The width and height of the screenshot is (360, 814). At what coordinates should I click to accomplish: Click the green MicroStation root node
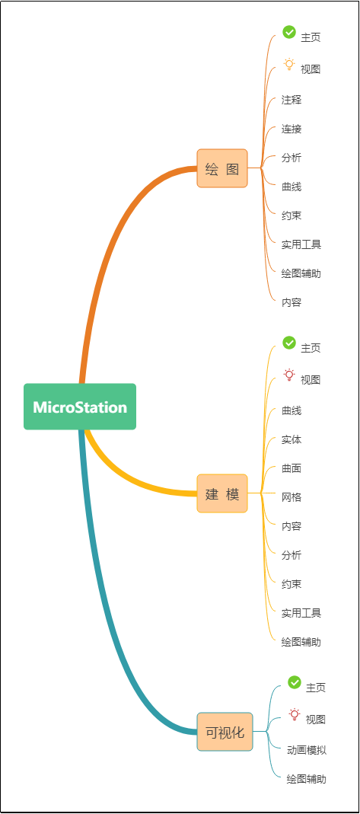pos(80,407)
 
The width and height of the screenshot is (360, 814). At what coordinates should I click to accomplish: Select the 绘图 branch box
pos(222,168)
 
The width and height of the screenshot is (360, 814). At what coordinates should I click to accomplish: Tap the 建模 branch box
pos(222,493)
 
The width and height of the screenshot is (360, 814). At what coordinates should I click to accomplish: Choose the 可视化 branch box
pos(225,732)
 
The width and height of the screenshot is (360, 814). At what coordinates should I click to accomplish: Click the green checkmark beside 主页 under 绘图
pos(289,32)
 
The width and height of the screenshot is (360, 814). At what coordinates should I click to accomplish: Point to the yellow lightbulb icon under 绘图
pos(289,65)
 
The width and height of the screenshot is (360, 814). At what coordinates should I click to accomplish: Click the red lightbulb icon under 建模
pos(289,375)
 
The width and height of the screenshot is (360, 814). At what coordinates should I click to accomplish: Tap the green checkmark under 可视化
pos(294,682)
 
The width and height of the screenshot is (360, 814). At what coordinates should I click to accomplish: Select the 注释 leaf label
pos(292,100)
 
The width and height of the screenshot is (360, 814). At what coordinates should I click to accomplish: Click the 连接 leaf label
pos(292,129)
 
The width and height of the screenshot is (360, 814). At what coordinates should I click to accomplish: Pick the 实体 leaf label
pos(292,439)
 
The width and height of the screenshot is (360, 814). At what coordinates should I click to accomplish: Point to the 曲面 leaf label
pos(292,469)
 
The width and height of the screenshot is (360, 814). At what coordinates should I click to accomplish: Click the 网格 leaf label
pos(292,497)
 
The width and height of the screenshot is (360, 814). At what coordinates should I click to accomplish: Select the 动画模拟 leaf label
pos(307,750)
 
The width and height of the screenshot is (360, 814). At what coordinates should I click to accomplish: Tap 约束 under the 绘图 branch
pos(292,215)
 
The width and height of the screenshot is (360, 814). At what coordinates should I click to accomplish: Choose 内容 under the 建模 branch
pos(292,526)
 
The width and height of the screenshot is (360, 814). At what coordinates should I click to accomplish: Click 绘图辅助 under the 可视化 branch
pos(307,779)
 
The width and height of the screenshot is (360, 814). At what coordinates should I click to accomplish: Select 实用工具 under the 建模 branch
pos(301,613)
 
